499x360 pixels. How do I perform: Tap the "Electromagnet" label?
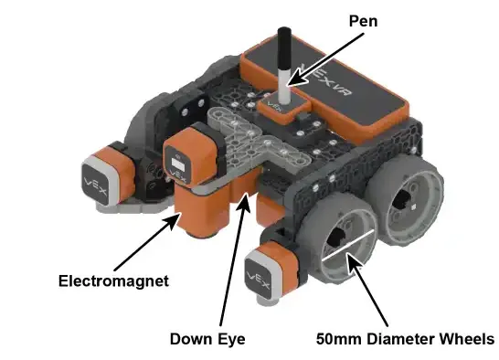(113, 281)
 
